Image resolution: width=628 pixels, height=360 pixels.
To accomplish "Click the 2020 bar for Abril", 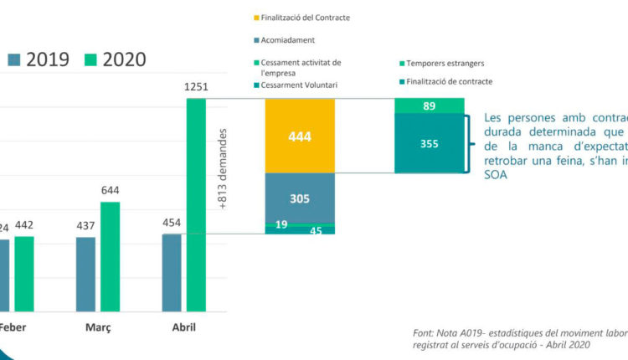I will (195, 205).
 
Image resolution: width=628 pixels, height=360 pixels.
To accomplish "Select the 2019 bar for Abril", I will (172, 273).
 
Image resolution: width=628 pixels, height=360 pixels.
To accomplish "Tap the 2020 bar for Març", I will (109, 256).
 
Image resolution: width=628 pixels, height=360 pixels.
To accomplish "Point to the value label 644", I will (110, 190).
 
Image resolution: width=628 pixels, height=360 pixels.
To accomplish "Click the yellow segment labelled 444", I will (300, 136).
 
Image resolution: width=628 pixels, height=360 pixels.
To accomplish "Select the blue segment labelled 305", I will (300, 198).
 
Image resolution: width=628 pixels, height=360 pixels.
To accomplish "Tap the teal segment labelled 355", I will (429, 143).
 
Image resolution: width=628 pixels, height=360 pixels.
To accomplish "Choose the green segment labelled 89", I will (429, 105).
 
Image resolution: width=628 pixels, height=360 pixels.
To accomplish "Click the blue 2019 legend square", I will (15, 59).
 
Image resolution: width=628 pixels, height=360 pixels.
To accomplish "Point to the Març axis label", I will (98, 327).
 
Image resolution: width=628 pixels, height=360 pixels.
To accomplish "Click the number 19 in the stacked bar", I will (281, 224).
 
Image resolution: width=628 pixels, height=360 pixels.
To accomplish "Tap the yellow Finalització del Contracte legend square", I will (255, 17).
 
